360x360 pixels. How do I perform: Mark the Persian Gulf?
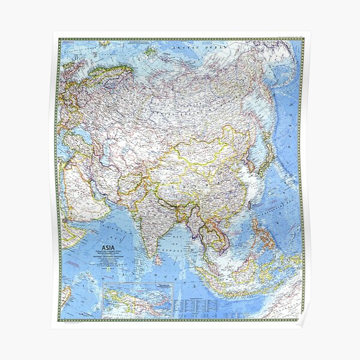click(96, 183)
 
